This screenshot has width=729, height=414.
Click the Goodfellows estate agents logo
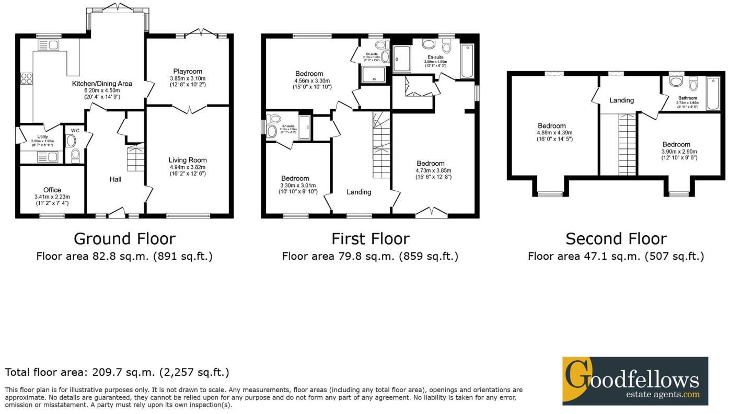(634, 381)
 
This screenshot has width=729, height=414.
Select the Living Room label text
(187, 160)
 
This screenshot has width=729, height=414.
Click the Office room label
(52, 190)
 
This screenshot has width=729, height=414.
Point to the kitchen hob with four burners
(26, 79)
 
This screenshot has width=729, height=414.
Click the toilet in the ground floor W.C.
(74, 154)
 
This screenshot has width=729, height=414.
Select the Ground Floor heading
(124, 238)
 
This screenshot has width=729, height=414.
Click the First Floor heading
(370, 238)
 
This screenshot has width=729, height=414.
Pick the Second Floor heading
(616, 238)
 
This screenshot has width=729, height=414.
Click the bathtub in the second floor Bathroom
(712, 94)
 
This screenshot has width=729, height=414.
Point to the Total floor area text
(117, 372)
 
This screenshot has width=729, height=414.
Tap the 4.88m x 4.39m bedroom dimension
(552, 133)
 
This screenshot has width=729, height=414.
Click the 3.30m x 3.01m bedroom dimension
(295, 185)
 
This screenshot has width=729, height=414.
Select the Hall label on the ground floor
(115, 179)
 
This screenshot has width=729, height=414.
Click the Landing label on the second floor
(621, 100)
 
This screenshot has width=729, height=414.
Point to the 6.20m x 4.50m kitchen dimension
(102, 90)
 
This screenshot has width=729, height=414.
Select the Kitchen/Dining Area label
(102, 83)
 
